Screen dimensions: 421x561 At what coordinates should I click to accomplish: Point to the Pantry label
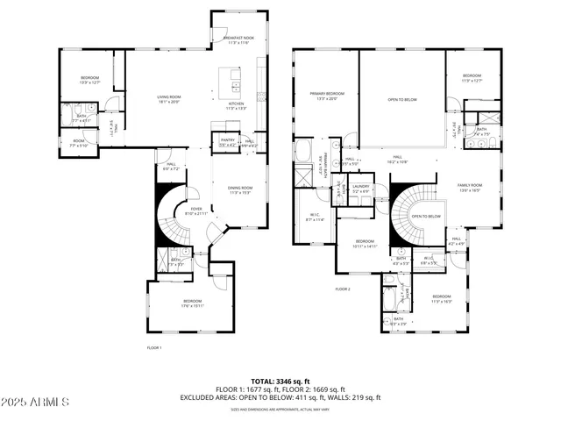pos(227,140)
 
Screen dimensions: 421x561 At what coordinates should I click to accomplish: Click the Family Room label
pos(470,187)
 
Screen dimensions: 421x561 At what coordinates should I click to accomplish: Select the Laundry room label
pos(359,189)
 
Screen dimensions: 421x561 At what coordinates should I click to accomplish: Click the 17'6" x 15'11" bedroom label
pos(192,303)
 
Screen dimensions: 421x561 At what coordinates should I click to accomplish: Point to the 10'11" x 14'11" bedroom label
pos(365,245)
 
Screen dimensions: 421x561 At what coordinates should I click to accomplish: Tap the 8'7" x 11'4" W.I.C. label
pos(315,218)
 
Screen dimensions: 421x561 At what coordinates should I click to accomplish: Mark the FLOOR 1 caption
pos(154,347)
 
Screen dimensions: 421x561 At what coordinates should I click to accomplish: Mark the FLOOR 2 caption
pos(342,289)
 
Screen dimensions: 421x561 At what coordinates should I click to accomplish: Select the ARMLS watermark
pos(35,402)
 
